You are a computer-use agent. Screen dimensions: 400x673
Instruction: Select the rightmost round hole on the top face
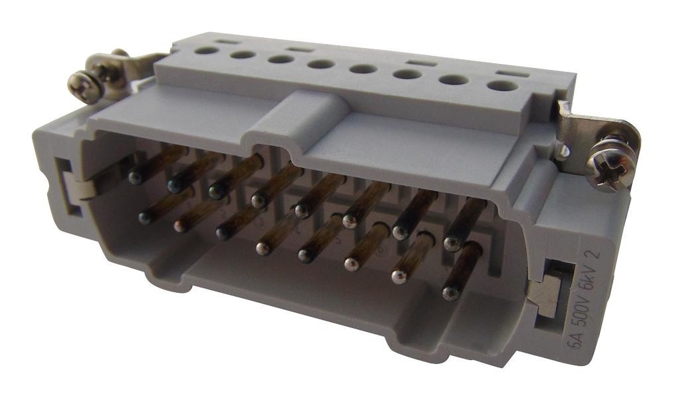tap(503, 85)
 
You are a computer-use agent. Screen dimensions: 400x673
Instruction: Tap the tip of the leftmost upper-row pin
tap(136, 178)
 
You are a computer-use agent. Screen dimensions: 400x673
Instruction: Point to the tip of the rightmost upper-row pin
tap(452, 244)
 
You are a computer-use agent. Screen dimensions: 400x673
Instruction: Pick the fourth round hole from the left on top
tap(322, 65)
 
